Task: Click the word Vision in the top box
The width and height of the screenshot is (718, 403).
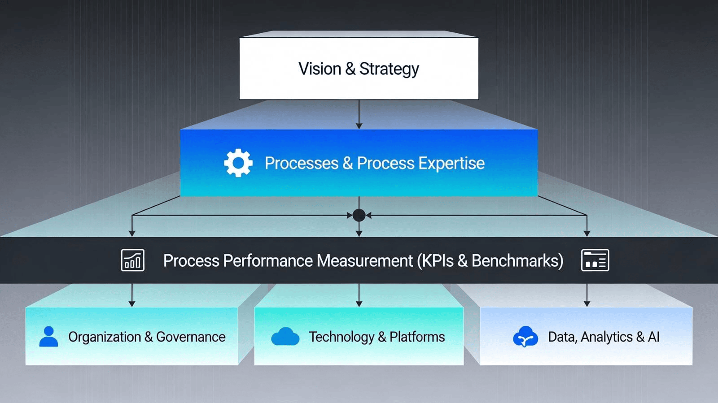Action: pos(320,69)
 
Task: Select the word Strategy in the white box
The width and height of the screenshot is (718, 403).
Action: pos(389,69)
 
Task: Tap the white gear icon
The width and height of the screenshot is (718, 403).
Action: pos(238,163)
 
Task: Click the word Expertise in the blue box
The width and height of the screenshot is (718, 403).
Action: pos(451,163)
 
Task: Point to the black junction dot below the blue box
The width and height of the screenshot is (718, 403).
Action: pos(359,215)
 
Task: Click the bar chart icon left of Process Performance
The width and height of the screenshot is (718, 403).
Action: pos(133,260)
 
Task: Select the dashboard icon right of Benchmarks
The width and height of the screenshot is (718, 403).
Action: pos(595,260)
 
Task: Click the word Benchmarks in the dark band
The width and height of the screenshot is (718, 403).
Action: pos(517,260)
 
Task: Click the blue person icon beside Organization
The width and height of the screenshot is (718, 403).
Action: pos(48,337)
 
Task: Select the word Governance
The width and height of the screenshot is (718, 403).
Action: pos(191,337)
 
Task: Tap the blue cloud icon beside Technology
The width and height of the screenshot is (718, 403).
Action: pos(285,337)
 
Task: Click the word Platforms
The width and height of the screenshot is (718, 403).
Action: pos(417,337)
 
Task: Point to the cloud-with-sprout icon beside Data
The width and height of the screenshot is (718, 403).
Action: pos(525,337)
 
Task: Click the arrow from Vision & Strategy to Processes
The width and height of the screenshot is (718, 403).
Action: pos(359,115)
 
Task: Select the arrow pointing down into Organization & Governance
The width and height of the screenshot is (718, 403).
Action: pos(132,295)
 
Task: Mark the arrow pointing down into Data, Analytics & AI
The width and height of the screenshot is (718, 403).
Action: pos(587,295)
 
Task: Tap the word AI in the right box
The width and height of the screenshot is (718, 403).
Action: pos(653,337)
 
